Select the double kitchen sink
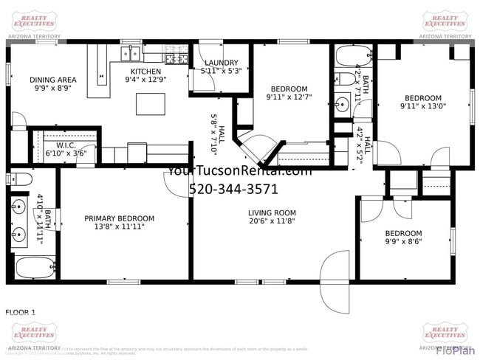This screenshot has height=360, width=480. click(x=131, y=53)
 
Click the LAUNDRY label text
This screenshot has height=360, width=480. click(x=221, y=63)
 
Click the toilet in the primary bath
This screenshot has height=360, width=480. click(x=20, y=179)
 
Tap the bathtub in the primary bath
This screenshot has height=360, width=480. click(x=33, y=267)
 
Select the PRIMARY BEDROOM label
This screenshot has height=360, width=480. click(x=119, y=218)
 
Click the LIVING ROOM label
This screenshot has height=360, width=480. click(x=272, y=213)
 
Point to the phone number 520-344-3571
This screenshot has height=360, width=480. click(x=233, y=189)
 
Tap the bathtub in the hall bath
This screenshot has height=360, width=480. click(x=353, y=56)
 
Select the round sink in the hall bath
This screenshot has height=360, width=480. click(x=340, y=105)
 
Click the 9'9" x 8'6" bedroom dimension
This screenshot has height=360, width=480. click(x=404, y=240)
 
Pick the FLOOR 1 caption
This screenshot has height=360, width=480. click(x=21, y=312)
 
